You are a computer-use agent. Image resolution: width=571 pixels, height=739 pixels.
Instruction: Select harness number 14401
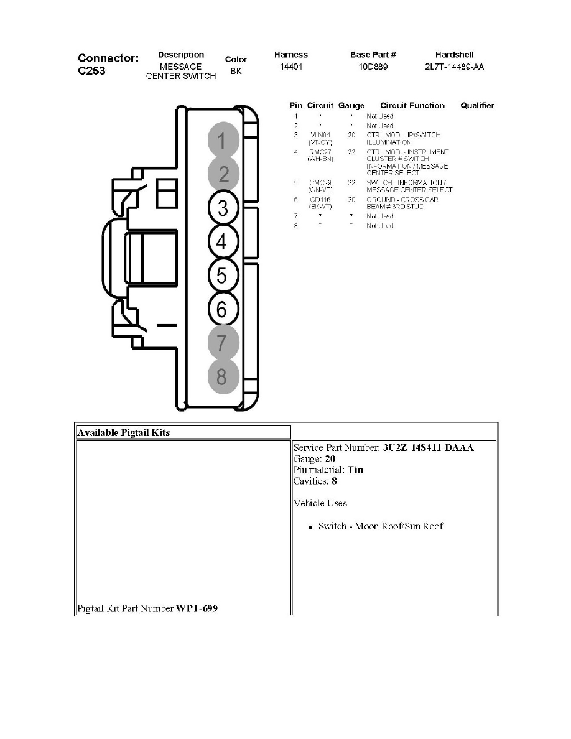click(x=291, y=67)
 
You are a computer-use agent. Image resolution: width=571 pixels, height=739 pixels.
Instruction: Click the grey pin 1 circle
click(x=223, y=141)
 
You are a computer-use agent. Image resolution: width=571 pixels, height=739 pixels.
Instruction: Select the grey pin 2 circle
click(x=223, y=175)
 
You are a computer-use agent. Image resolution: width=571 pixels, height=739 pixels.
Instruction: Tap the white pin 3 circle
click(x=223, y=208)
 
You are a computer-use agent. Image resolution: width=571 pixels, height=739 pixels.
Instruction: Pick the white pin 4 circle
click(x=223, y=242)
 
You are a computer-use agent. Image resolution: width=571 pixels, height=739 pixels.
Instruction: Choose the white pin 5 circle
click(x=223, y=276)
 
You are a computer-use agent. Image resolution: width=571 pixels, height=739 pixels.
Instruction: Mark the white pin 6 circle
click(x=223, y=309)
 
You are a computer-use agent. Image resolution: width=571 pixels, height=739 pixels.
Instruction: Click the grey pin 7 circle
click(x=223, y=342)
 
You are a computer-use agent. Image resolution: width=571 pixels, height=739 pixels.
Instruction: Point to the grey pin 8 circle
click(x=223, y=376)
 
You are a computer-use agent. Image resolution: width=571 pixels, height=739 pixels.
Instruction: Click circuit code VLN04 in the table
click(x=320, y=135)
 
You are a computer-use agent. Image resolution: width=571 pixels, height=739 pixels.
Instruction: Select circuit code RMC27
click(x=320, y=152)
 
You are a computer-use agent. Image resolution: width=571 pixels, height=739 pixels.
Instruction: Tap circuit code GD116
click(x=320, y=200)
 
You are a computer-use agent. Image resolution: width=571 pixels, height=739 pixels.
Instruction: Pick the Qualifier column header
click(x=477, y=106)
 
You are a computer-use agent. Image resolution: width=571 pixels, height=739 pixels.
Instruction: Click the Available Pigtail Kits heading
click(x=123, y=432)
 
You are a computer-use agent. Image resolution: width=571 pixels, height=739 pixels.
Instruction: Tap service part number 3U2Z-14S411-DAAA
click(x=429, y=448)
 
